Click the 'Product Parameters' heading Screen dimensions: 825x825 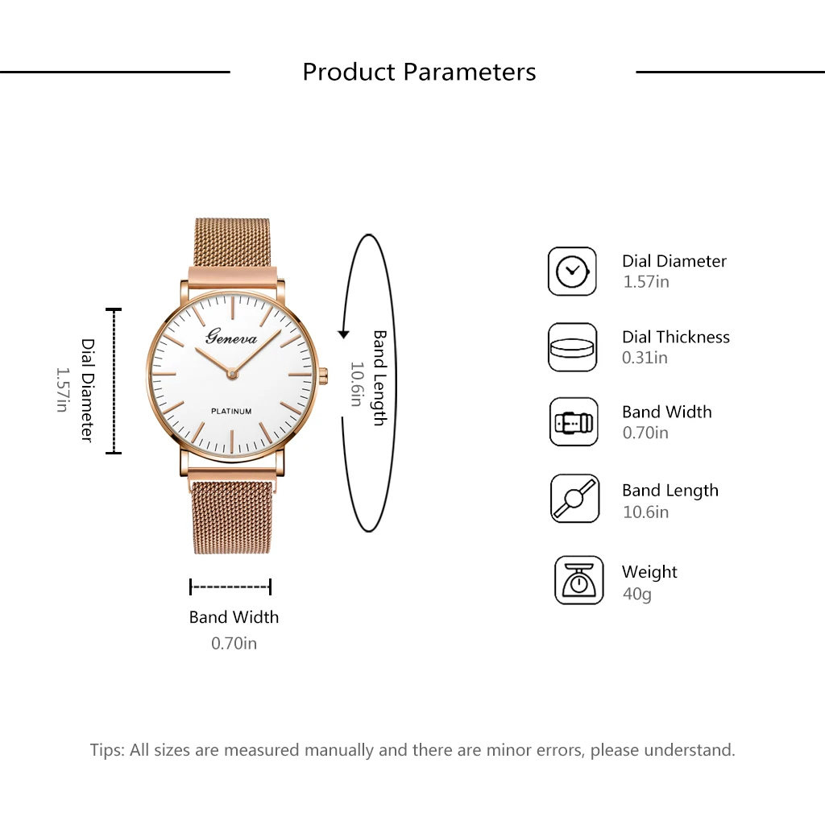419,72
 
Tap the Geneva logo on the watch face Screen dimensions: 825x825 231,336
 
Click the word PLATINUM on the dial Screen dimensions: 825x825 231,411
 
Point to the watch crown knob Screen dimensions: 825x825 323,375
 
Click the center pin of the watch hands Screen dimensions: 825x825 232,374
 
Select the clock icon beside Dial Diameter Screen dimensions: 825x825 572,272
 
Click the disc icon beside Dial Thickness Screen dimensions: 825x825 572,347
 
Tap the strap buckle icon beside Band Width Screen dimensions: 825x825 574,422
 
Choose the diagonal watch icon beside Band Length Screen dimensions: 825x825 574,498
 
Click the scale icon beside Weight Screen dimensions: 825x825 578,580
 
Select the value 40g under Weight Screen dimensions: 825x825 636,594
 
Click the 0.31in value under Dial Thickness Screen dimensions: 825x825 645,358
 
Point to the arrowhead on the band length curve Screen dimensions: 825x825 343,334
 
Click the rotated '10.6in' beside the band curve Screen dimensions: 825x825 357,384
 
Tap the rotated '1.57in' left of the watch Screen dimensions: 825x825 63,389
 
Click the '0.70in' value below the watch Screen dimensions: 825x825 234,643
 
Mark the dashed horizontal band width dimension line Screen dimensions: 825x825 230,587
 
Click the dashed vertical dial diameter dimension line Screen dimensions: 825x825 114,381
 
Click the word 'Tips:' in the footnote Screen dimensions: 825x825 107,750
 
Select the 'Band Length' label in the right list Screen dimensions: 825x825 670,491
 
